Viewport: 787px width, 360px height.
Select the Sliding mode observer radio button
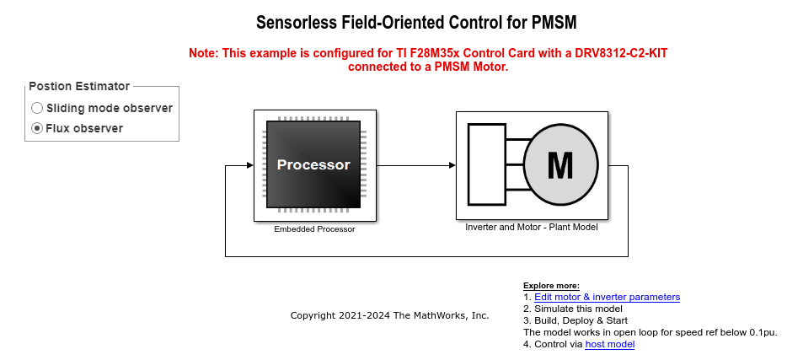[37, 108]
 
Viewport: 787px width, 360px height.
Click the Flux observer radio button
[37, 128]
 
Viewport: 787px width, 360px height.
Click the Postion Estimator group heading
[79, 86]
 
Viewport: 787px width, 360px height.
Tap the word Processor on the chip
[313, 164]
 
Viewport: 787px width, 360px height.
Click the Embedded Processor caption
[314, 229]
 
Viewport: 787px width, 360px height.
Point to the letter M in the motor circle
[560, 165]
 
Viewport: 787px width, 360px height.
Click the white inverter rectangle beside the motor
[487, 164]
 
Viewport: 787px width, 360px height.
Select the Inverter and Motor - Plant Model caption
[532, 227]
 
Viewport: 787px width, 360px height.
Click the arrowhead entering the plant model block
[452, 165]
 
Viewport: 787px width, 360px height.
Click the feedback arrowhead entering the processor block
[250, 165]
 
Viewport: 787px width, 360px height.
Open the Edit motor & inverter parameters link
[608, 297]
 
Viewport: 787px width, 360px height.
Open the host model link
[610, 345]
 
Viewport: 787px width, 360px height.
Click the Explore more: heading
[551, 286]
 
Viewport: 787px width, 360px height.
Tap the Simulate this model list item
[573, 309]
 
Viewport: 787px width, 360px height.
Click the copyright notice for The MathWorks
[389, 316]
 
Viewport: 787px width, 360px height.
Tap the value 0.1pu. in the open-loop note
[763, 332]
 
